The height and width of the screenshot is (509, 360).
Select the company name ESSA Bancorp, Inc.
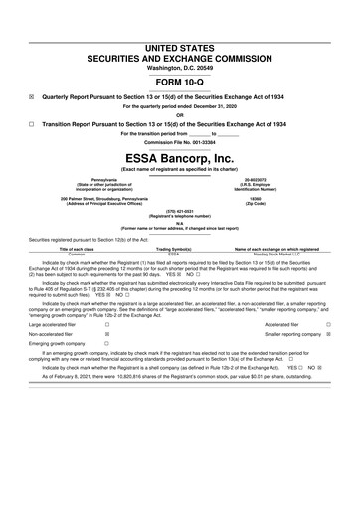pyautogui.click(x=179, y=158)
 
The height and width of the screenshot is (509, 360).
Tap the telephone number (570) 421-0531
pyautogui.click(x=179, y=212)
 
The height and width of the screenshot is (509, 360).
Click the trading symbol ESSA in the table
pyautogui.click(x=180, y=254)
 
